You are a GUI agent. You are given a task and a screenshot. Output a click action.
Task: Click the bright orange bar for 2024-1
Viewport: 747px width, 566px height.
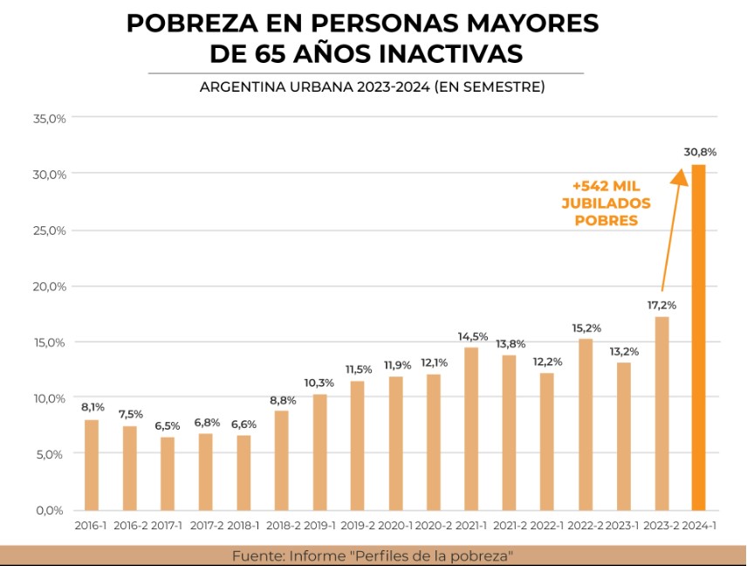click(x=698, y=337)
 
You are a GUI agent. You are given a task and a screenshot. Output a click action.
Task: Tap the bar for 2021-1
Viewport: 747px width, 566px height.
click(x=471, y=429)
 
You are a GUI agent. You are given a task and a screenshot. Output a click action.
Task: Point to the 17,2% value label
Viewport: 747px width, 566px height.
click(x=661, y=305)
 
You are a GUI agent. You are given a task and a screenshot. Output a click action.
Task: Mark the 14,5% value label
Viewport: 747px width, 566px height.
click(x=471, y=335)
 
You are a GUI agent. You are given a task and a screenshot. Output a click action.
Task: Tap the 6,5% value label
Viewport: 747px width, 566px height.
click(x=168, y=425)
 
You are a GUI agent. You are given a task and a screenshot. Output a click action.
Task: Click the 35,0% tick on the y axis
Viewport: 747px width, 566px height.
click(x=50, y=118)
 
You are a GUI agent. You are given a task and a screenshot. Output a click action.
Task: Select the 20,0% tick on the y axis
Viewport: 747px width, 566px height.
click(x=50, y=286)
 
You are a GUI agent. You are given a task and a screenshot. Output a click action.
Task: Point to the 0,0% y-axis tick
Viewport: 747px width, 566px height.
click(x=51, y=510)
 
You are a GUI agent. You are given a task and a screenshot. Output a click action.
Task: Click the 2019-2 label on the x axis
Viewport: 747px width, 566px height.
click(x=357, y=527)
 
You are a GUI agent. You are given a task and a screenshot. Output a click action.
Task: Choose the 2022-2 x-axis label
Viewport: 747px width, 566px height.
click(x=585, y=527)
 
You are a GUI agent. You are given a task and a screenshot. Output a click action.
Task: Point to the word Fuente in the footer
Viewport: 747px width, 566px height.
click(x=254, y=556)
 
